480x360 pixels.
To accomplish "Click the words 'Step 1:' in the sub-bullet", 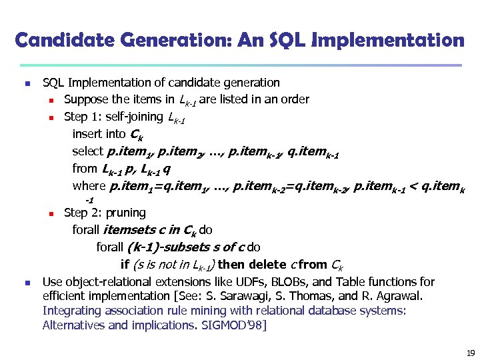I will coord(81,117).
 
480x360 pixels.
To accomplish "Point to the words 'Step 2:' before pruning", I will coord(81,213).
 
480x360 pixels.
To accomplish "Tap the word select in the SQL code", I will coord(87,151).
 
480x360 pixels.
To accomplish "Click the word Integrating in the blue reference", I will coord(69,311).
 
